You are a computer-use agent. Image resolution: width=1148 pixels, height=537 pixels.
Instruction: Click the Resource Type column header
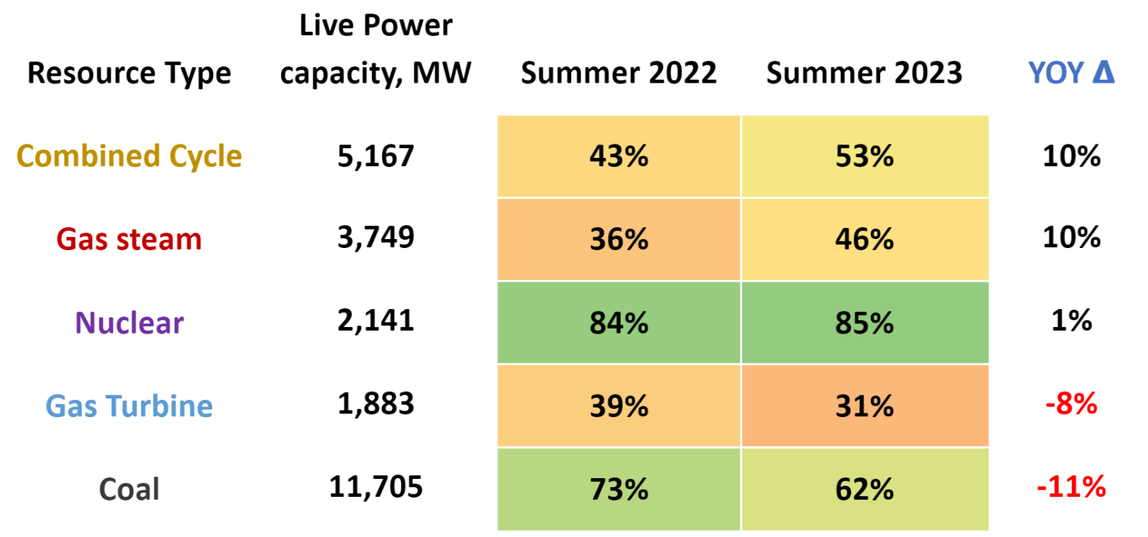coord(129,73)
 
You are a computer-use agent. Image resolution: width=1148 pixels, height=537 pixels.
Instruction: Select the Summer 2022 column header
coord(618,73)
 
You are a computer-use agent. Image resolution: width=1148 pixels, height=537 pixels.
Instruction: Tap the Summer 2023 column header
coord(864,73)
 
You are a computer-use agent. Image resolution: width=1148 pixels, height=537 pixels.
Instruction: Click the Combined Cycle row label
coord(129,156)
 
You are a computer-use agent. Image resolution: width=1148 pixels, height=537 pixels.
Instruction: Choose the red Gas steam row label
coord(129,239)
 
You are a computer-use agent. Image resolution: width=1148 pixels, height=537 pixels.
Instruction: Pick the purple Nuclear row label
coord(129,322)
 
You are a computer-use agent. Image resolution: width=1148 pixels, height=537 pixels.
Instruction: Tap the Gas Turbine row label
coord(129,406)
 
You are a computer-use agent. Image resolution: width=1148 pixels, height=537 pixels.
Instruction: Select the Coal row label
coord(129,489)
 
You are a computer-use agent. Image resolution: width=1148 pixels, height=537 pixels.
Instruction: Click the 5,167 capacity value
coord(375,156)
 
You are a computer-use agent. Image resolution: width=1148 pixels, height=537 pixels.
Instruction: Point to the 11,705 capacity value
coord(375,488)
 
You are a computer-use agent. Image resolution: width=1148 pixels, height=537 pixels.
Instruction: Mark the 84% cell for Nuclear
coord(618,322)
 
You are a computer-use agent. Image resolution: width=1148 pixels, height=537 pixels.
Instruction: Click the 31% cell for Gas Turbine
coord(864,406)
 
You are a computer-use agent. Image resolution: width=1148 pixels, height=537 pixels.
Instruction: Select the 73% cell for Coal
coord(618,489)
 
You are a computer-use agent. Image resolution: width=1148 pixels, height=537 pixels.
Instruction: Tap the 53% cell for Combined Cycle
coord(864,156)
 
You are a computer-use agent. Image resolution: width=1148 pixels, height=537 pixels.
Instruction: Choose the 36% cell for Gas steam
coord(618,239)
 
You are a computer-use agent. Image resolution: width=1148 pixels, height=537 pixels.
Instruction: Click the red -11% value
coord(1071,488)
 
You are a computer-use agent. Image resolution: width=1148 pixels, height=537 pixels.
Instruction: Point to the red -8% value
coord(1071,404)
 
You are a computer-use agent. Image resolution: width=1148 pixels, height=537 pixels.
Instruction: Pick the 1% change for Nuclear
coord(1072,321)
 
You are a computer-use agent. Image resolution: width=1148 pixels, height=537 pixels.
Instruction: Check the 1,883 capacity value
coord(375,404)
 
